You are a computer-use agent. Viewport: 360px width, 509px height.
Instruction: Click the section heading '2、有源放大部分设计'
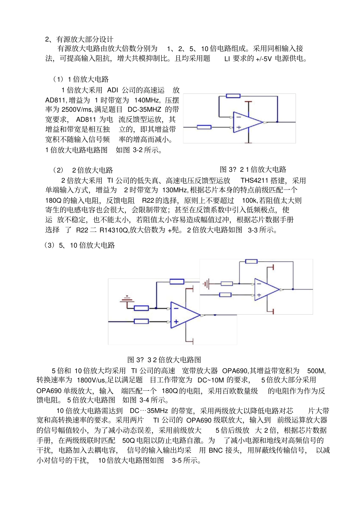[79, 39]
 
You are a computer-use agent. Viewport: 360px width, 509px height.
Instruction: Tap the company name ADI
[113, 90]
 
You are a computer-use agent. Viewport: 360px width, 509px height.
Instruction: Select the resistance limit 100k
[249, 200]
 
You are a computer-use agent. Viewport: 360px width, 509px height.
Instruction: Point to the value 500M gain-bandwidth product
[316, 371]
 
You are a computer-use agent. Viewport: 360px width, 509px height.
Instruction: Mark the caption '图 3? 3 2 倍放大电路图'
[164, 360]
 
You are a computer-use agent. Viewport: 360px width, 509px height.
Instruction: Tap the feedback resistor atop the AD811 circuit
[233, 96]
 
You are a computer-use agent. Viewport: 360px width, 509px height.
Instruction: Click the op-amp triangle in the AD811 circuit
[246, 122]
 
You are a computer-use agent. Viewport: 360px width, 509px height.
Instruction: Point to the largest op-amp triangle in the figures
[184, 315]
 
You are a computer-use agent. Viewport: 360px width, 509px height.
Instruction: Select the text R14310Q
[114, 230]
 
